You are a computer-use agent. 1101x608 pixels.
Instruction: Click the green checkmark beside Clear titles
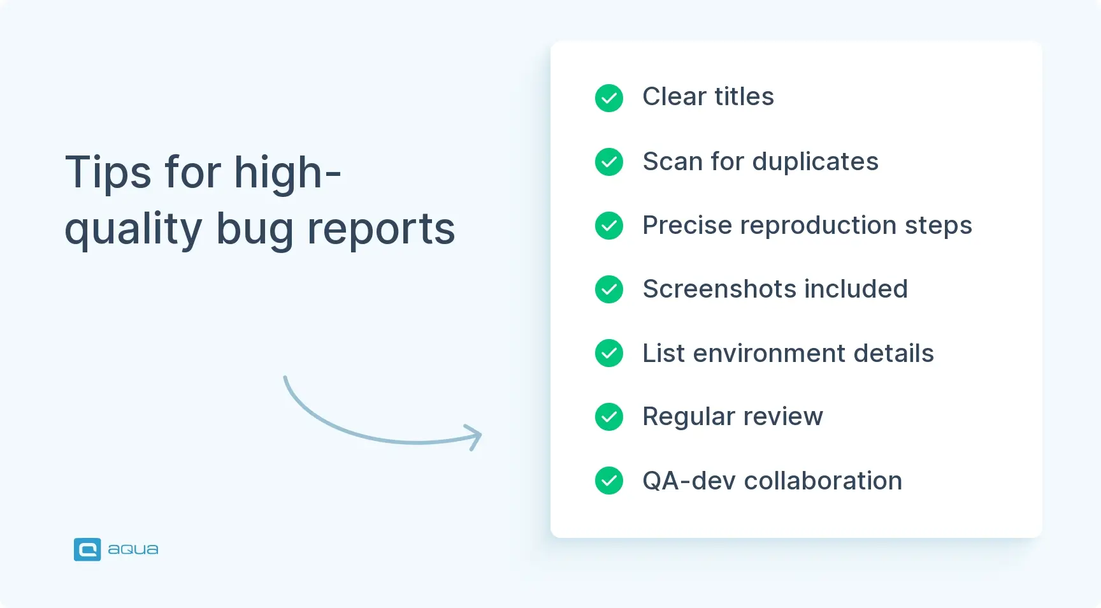(609, 98)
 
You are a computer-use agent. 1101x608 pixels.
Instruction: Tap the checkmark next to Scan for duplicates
(609, 162)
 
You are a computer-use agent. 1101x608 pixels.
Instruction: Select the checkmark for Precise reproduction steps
(609, 226)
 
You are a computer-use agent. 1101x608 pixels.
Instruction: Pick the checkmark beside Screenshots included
(609, 289)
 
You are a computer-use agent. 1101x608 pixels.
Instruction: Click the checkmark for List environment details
(609, 353)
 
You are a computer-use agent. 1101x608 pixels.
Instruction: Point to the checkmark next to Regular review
(609, 417)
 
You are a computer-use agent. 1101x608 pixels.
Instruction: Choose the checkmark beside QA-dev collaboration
(609, 481)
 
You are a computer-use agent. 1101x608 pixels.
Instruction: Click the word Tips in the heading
(108, 173)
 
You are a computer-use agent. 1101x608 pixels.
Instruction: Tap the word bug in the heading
(254, 229)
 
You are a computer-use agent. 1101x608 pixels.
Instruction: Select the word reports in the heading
(381, 229)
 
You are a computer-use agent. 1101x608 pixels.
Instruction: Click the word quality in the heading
(133, 229)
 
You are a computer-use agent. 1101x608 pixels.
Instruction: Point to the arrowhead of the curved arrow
(475, 437)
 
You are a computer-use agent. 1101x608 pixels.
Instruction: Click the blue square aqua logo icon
(87, 549)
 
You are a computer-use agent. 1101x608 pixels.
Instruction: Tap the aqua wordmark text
(133, 549)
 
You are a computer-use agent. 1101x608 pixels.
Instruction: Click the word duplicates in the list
(815, 162)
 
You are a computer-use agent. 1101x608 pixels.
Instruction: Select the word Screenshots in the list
(719, 289)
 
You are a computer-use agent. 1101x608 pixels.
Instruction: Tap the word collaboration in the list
(823, 481)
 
